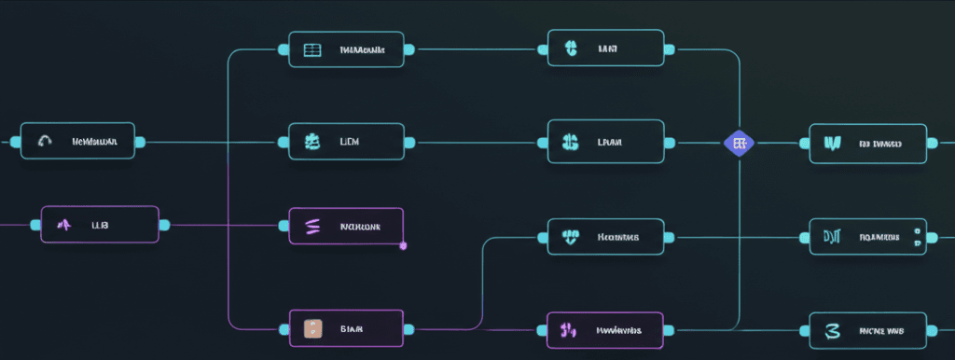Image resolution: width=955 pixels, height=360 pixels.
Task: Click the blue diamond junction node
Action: tap(739, 143)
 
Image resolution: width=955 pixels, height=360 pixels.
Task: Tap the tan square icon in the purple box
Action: tap(312, 328)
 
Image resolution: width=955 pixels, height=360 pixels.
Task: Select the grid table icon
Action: tap(312, 49)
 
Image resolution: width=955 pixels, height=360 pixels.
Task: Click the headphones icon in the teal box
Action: tap(45, 142)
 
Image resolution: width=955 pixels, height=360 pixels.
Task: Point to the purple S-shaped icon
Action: tap(312, 226)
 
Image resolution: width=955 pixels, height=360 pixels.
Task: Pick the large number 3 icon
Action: tap(832, 330)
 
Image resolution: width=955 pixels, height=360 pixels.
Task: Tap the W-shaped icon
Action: tap(832, 144)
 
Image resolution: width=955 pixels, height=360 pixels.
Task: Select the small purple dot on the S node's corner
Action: tap(403, 245)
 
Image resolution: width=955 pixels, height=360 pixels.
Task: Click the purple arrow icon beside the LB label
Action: tap(65, 225)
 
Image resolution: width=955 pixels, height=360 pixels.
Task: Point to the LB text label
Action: tap(99, 225)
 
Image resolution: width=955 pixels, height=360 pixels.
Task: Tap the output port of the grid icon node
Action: tap(409, 49)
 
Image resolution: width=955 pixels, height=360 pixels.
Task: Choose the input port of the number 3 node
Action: tap(804, 330)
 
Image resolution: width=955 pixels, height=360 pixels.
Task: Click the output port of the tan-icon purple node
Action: tap(409, 328)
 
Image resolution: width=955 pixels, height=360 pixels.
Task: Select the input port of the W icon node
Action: tap(804, 144)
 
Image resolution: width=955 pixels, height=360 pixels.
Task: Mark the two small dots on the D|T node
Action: tap(918, 237)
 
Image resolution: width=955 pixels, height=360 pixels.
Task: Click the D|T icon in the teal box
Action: tap(832, 237)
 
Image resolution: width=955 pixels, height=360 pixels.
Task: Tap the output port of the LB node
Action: tap(164, 225)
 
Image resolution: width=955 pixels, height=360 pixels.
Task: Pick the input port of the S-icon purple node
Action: tap(284, 226)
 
